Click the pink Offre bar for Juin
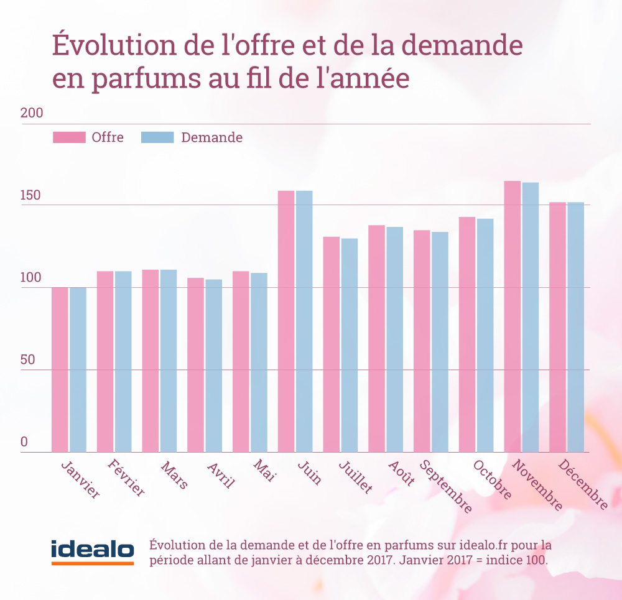coord(286,321)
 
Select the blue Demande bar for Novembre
coord(531,317)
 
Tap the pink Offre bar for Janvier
coord(60,369)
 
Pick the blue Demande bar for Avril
coord(214,366)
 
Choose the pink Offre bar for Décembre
coord(558,327)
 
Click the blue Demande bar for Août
coord(395,339)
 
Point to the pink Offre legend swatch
coord(69,137)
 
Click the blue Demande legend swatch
coord(157,137)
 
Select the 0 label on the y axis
coord(25,443)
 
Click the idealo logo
coord(93,551)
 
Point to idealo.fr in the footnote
coord(491,545)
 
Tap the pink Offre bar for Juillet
coord(332,344)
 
